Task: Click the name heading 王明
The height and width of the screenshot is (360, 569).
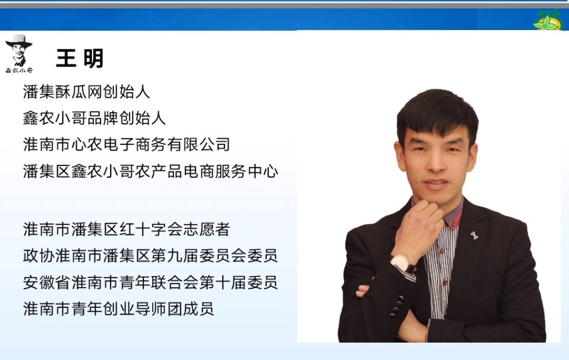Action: tap(80, 58)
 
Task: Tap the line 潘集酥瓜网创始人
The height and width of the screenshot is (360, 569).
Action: tap(86, 92)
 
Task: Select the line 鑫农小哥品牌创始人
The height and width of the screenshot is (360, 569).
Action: tap(94, 118)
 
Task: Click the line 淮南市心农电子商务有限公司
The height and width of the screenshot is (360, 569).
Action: tap(126, 144)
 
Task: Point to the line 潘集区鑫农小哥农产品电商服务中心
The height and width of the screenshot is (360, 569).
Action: tap(150, 171)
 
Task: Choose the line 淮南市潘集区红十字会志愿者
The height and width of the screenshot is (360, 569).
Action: tap(126, 229)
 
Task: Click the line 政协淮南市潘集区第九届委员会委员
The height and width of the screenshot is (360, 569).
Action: tap(150, 256)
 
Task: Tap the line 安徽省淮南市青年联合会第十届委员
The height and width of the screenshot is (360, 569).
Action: tap(150, 282)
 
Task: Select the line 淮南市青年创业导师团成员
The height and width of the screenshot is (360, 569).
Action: tap(118, 309)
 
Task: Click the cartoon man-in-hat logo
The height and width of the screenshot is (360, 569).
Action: tap(19, 50)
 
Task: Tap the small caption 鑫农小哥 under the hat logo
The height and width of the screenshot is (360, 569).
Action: tap(19, 71)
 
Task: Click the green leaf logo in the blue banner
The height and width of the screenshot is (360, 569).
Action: tap(547, 21)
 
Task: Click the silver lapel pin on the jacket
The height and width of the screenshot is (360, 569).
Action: tap(474, 236)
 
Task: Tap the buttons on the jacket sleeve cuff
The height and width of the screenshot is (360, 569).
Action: tap(396, 307)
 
